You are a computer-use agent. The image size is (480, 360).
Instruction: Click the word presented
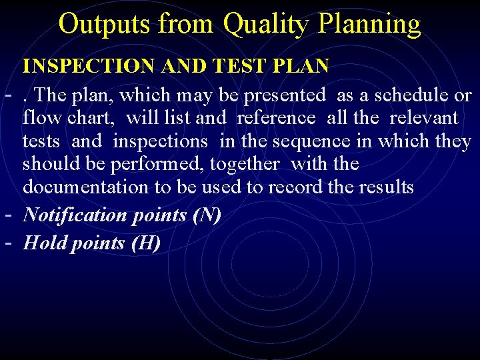coord(285,95)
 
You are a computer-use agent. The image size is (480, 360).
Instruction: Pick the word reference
coord(276,118)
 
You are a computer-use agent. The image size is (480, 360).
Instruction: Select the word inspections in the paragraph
coord(160,141)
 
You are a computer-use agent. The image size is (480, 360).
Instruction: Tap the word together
coord(253,164)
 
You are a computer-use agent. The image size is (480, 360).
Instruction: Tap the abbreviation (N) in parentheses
coord(209,215)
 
